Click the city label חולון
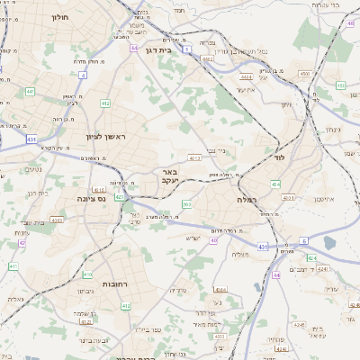(x=60, y=17)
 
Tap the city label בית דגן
(x=157, y=51)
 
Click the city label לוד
(x=278, y=157)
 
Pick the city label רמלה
(x=247, y=198)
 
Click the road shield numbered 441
(x=30, y=91)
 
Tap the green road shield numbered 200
(x=186, y=204)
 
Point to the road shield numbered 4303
(x=58, y=219)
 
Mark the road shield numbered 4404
(x=246, y=77)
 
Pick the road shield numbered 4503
(x=304, y=74)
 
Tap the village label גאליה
(x=15, y=299)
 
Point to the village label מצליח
(x=240, y=254)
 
